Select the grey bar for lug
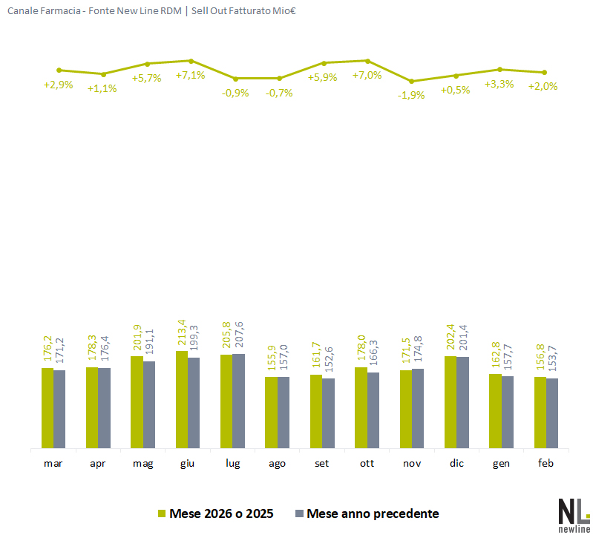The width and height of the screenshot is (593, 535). tap(239, 401)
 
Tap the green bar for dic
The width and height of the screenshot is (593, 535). tap(451, 402)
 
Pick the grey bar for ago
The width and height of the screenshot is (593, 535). tap(284, 413)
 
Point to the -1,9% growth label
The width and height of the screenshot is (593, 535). tap(410, 95)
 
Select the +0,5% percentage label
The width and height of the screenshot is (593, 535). tap(456, 90)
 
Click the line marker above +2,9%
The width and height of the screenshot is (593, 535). tap(59, 70)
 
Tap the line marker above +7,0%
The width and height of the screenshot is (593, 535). tap(367, 61)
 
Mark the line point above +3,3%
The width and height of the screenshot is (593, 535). tap(499, 69)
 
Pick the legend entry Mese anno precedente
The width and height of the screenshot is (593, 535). tap(373, 513)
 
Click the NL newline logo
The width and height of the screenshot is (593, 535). tap(573, 513)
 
